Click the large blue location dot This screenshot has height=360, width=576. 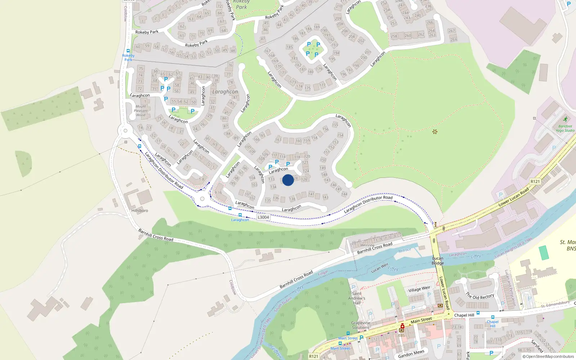click(288, 180)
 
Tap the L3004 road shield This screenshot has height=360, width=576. click(263, 217)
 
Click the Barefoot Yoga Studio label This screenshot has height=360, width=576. click(565, 128)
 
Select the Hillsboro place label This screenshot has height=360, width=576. click(140, 211)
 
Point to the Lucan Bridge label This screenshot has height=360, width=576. click(438, 261)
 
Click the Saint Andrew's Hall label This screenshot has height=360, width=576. click(357, 298)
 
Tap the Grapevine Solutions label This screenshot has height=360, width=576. click(360, 325)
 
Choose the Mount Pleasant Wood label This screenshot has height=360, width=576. click(141, 111)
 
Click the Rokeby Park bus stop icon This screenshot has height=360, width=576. click(128, 51)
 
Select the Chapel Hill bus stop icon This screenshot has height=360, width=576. click(492, 317)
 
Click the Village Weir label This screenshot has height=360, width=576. click(419, 289)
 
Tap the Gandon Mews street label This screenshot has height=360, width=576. click(411, 354)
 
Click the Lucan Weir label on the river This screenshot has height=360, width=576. click(380, 268)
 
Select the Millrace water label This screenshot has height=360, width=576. click(405, 250)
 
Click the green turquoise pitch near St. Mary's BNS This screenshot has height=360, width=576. click(544, 252)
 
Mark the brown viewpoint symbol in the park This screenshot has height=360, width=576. click(435, 132)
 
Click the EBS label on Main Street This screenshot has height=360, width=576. click(401, 336)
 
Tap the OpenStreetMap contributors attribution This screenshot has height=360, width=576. click(548, 357)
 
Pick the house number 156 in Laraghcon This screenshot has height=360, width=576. click(325, 129)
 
